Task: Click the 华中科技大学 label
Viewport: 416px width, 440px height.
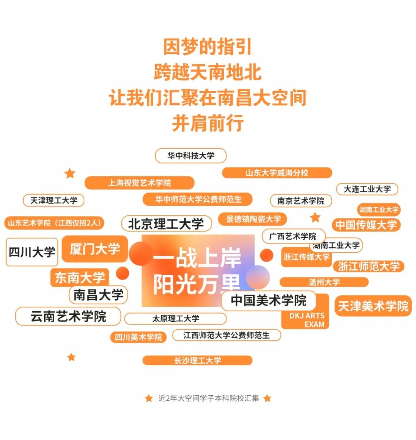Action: (191, 156)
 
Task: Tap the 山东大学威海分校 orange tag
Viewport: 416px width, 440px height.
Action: (277, 173)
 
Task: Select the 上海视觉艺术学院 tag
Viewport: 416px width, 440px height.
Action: (139, 183)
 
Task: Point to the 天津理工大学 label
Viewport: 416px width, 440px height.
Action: (54, 200)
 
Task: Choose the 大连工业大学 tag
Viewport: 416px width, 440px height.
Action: (367, 189)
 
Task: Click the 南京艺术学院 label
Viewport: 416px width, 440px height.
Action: (301, 201)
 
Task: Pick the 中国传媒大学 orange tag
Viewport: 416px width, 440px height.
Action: (366, 225)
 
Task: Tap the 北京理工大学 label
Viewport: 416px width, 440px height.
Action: (166, 224)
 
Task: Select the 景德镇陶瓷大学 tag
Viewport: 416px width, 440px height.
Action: (253, 219)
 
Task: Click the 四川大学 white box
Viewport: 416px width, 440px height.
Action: (32, 252)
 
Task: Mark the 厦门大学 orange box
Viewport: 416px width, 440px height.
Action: (95, 249)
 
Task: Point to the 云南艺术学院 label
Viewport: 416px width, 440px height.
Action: (68, 317)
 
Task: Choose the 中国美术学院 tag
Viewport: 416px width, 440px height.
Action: (268, 301)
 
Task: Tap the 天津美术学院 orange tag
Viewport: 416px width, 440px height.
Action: (373, 306)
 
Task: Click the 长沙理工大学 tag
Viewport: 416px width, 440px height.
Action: (197, 361)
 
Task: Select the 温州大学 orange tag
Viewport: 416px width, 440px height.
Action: (324, 282)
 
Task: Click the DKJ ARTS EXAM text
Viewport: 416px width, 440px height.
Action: (307, 320)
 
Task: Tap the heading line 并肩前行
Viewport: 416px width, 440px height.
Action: (208, 123)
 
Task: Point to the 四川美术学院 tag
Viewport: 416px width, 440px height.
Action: (138, 337)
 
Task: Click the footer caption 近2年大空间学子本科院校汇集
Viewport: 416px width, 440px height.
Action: (208, 398)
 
